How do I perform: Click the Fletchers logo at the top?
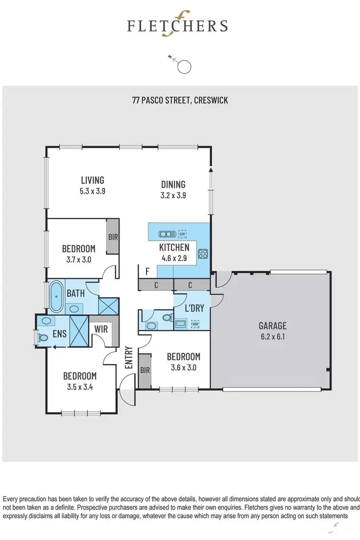(x=177, y=25)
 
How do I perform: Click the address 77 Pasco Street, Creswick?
(x=180, y=100)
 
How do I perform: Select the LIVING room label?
(x=92, y=180)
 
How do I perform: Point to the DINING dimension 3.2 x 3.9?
(x=174, y=196)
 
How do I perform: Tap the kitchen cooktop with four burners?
(x=203, y=253)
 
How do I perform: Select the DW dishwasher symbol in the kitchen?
(x=182, y=234)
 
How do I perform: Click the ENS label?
(x=60, y=333)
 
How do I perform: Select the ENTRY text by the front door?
(x=129, y=357)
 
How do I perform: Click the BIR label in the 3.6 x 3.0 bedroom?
(x=144, y=370)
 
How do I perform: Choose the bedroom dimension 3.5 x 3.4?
(x=79, y=387)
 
